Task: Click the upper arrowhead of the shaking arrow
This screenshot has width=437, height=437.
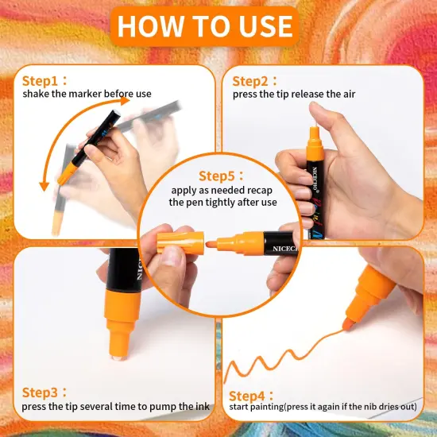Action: [125, 101]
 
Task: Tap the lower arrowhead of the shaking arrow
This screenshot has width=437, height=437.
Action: [44, 186]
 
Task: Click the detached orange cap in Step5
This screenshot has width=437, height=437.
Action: [180, 242]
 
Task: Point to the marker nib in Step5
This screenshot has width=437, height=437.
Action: [211, 245]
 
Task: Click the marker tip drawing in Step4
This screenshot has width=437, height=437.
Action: [347, 324]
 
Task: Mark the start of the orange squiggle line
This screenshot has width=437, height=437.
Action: [225, 382]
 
